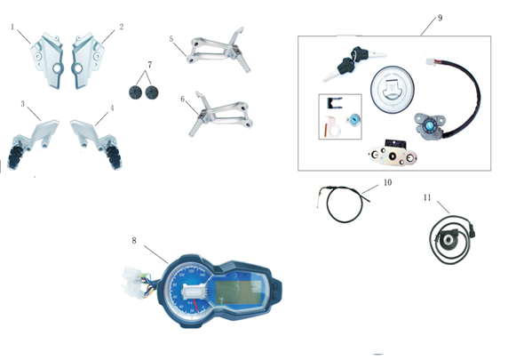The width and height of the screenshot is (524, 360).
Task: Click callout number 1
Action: [12, 27]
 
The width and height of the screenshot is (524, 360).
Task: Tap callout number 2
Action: [122, 27]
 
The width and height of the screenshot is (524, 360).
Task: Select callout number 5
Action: [171, 39]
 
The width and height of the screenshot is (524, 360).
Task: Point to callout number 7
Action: [149, 65]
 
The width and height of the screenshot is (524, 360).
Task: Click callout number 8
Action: [134, 241]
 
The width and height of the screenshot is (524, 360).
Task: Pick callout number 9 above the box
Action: [440, 18]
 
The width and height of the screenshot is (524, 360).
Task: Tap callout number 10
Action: [387, 182]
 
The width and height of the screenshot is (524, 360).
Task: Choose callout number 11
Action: [427, 197]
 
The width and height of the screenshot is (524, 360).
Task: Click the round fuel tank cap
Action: [392, 89]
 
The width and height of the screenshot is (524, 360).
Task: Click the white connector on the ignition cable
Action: [431, 62]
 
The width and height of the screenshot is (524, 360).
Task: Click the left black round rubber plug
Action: [135, 92]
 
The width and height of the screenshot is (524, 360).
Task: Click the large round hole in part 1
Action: [57, 68]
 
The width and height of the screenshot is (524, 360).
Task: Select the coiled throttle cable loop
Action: [345, 204]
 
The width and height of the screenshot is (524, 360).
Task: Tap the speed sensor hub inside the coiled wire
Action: [446, 238]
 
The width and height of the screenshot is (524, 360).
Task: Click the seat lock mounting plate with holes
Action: [393, 155]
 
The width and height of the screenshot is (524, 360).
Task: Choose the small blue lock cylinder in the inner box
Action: [353, 119]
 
